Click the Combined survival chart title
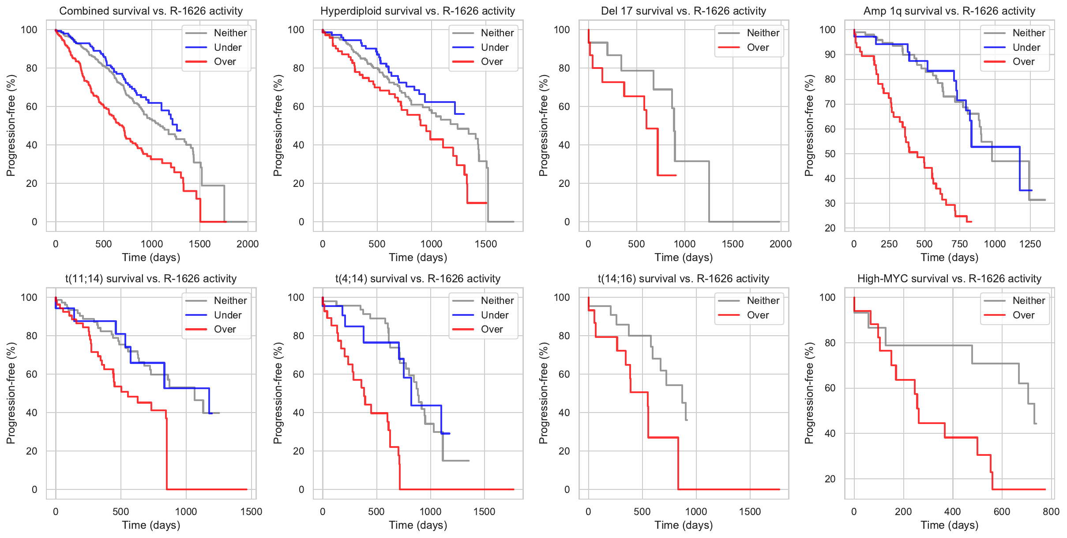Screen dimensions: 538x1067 (x=151, y=11)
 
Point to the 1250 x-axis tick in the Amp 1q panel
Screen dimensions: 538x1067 (x=1030, y=244)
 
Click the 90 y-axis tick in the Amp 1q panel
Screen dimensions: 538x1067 (x=827, y=54)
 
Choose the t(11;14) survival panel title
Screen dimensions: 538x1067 (x=151, y=279)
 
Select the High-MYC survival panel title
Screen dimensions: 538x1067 (x=949, y=279)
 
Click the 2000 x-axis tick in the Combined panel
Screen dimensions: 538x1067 (x=248, y=244)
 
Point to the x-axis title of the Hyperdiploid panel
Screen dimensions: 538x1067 (x=418, y=258)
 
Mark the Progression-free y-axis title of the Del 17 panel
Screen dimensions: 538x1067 (x=543, y=125)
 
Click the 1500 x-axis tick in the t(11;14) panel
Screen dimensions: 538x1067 (x=251, y=511)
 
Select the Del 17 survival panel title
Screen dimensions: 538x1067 (x=683, y=11)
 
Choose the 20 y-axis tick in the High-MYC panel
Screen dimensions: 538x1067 (x=830, y=479)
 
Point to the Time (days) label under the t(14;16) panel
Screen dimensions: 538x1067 (x=684, y=525)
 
